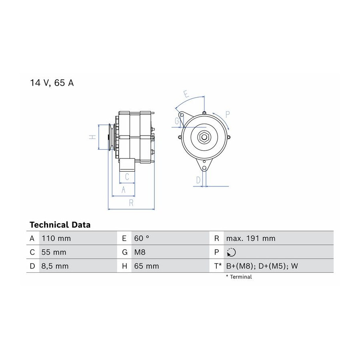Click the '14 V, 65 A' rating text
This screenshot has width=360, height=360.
[52, 83]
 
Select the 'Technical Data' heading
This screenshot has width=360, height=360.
[60, 224]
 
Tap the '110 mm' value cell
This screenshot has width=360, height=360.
[56, 238]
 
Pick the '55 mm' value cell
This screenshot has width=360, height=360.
[54, 252]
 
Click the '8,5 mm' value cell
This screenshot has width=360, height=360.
[55, 266]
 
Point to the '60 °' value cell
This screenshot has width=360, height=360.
[142, 238]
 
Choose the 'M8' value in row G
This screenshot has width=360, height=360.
[140, 252]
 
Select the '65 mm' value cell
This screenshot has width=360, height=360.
[146, 266]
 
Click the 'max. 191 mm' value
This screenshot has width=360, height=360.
[251, 238]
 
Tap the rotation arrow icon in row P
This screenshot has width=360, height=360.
[231, 252]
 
